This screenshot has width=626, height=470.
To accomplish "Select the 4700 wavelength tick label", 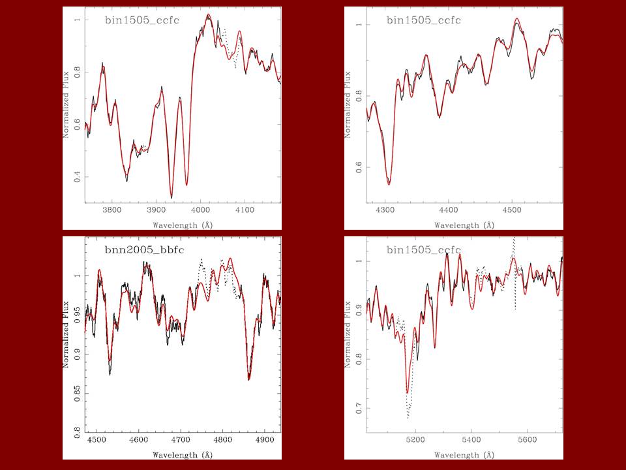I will (181, 441).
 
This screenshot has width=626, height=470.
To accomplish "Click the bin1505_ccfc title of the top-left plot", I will (142, 20).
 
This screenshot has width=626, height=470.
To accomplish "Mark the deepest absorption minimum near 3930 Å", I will (171, 198).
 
